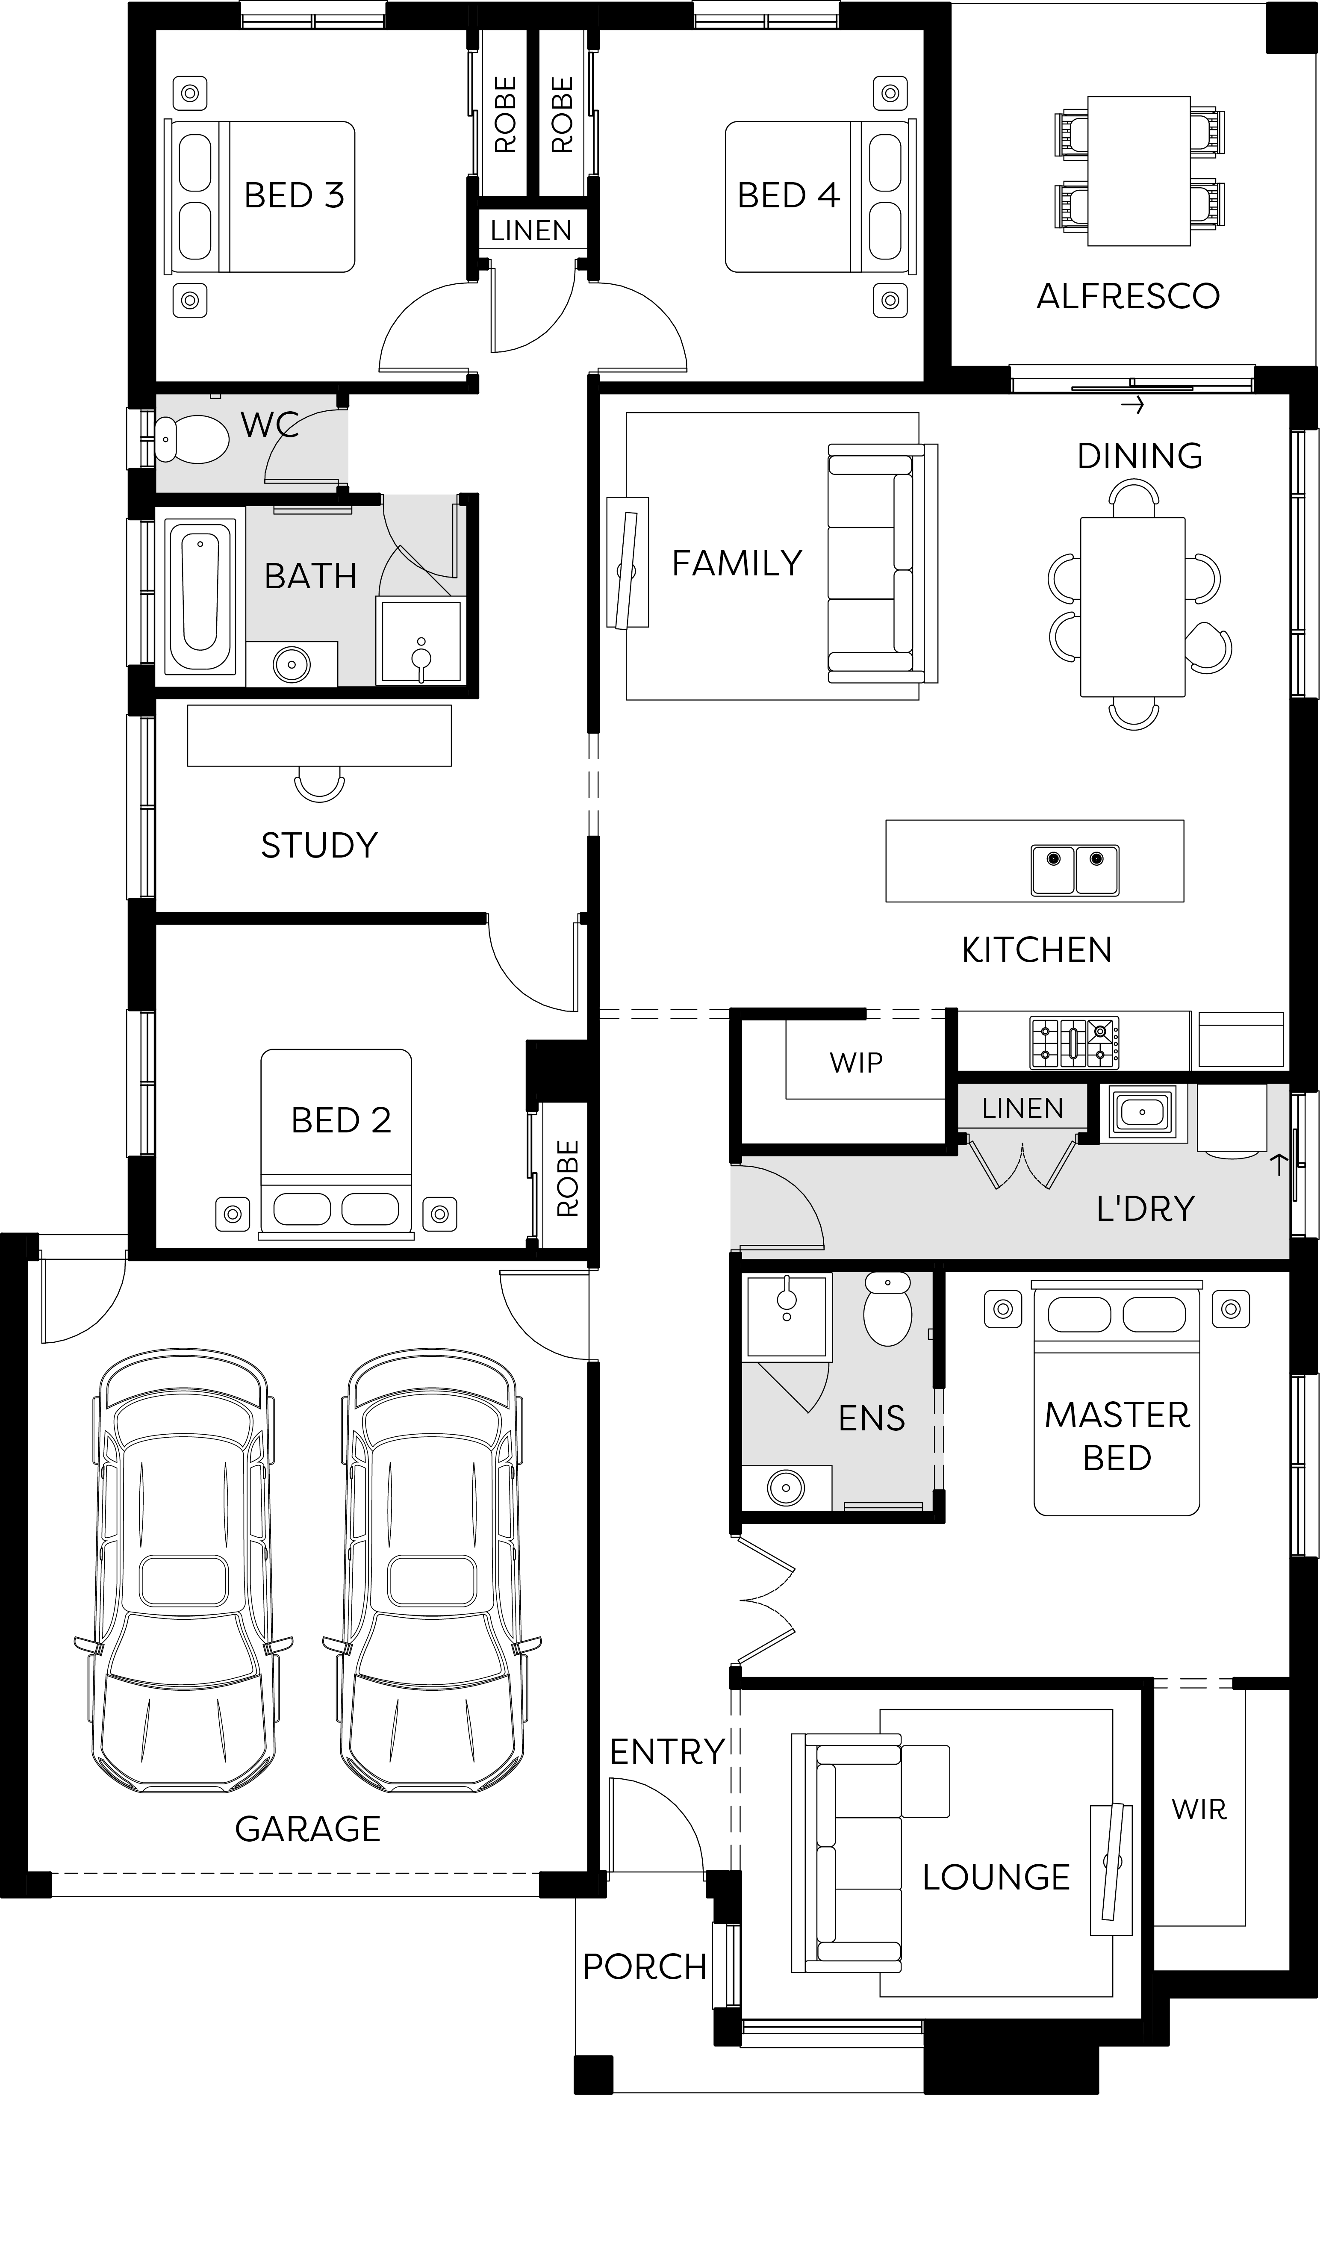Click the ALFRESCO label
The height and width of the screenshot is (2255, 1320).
point(1128,296)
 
